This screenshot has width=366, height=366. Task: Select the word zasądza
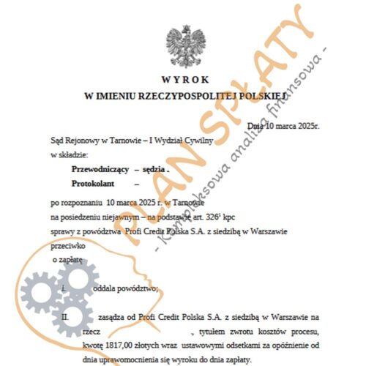coord(110,317)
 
